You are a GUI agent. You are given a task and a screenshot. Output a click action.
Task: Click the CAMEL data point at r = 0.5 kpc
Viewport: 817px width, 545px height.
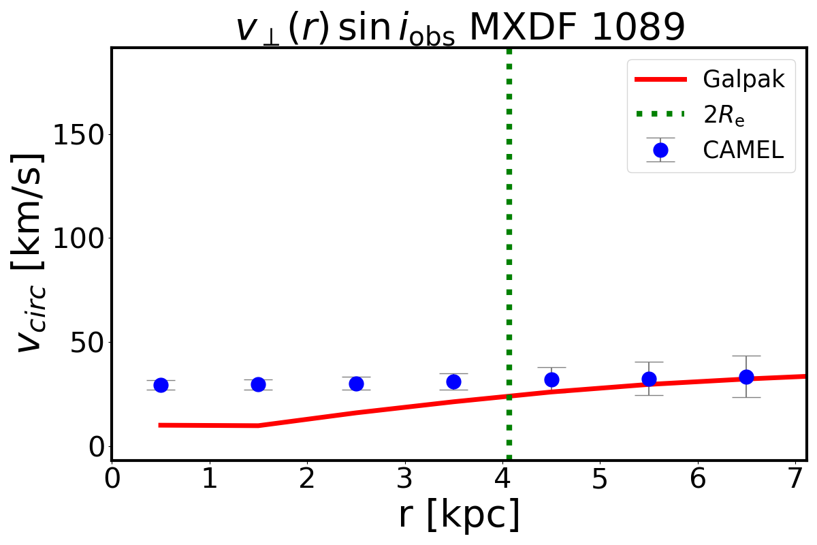pos(161,385)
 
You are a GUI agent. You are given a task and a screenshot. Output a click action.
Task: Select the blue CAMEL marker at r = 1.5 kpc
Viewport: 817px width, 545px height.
pos(258,384)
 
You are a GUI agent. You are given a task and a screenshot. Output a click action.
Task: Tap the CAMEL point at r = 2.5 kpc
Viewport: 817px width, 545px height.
pos(356,384)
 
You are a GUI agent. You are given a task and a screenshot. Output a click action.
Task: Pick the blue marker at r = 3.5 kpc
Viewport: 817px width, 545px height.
pos(453,381)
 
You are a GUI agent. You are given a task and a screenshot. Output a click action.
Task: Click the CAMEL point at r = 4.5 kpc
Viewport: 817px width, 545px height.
pos(551,379)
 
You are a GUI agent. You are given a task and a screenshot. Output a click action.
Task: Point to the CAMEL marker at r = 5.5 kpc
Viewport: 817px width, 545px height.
pos(649,379)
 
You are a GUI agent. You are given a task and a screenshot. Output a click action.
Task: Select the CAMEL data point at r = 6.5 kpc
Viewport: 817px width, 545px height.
pos(746,377)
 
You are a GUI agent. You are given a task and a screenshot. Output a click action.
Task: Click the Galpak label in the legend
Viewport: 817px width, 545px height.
pos(743,80)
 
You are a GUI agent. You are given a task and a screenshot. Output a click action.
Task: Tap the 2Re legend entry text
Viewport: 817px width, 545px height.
pos(723,116)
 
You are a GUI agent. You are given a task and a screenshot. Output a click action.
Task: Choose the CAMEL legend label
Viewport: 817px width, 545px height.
pos(743,150)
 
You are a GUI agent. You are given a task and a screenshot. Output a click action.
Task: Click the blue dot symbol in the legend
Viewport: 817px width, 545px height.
pos(660,150)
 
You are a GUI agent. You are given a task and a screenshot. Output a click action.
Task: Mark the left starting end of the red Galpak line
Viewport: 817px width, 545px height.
pos(159,425)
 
